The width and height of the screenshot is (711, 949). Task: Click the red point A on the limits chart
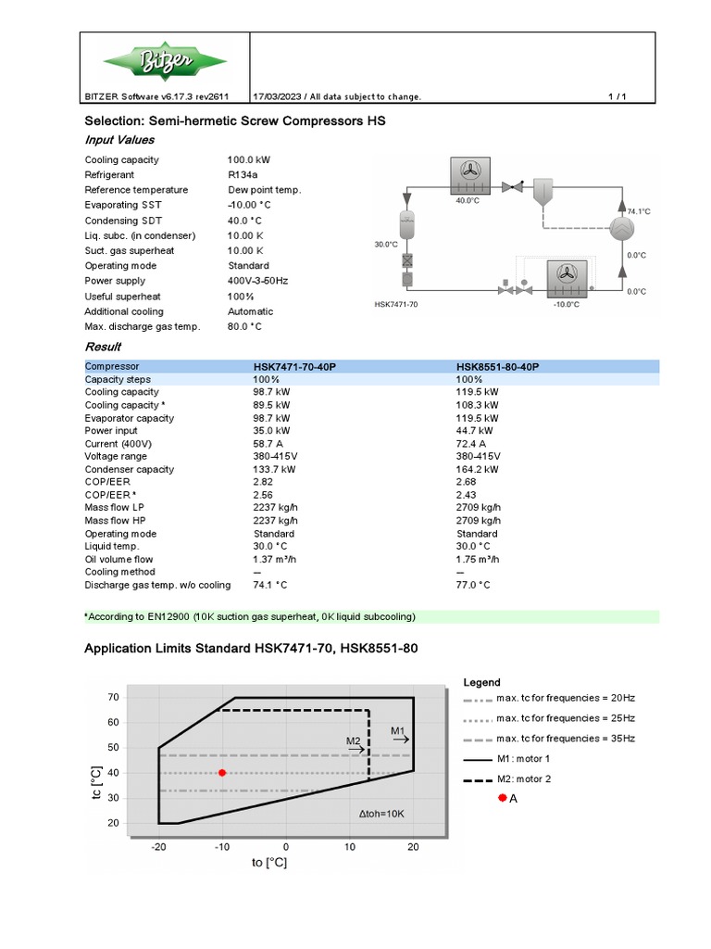coord(222,772)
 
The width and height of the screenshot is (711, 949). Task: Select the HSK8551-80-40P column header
coord(495,367)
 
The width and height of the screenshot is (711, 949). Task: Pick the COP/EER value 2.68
coord(466,482)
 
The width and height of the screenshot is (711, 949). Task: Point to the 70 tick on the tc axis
coord(114,696)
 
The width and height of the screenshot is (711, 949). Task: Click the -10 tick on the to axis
coord(222,847)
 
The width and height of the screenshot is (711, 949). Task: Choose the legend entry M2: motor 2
coord(523,778)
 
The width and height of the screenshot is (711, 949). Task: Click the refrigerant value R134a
coord(243,174)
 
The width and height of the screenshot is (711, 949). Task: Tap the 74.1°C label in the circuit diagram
coord(639,211)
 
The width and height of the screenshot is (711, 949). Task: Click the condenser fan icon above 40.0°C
coord(468,173)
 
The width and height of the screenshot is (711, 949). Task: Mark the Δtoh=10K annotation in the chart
coord(381,813)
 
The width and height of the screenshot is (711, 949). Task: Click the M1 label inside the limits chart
coord(398,731)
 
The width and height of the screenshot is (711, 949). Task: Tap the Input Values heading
coord(121,140)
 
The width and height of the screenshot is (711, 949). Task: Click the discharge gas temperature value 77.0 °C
coord(473,585)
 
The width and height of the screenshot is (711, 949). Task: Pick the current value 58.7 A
coord(268,444)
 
